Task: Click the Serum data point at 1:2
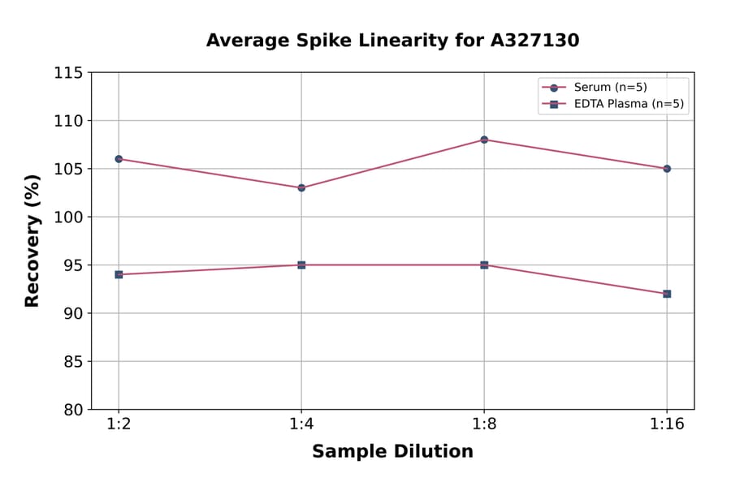point(119,159)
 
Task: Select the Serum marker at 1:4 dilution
point(301,187)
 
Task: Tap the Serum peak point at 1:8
point(484,140)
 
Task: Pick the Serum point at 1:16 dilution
point(667,169)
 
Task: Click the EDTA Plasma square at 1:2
point(119,274)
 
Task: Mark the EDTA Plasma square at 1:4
point(301,265)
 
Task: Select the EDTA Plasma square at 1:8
point(484,265)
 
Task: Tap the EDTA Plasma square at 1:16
point(667,294)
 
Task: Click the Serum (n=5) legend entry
point(610,88)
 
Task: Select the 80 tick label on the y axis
point(73,410)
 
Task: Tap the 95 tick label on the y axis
point(73,265)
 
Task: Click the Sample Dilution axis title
point(392,452)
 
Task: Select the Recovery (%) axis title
point(32,240)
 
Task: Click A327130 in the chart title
point(534,41)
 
